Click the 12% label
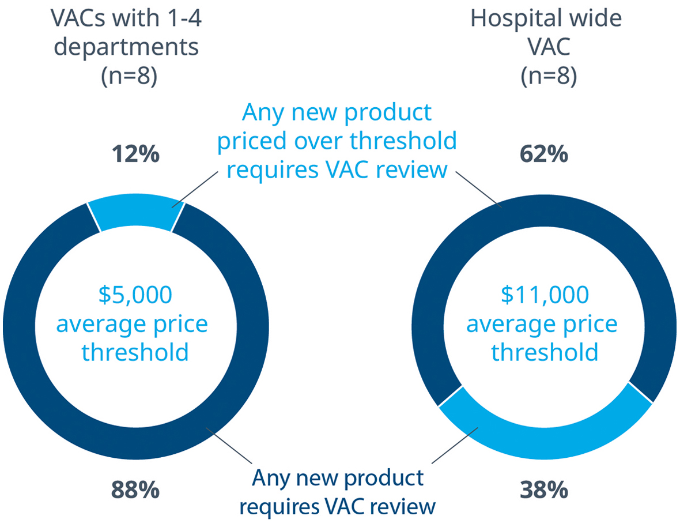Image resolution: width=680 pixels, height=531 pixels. pyautogui.click(x=136, y=154)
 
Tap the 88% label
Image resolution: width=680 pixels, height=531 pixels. pyautogui.click(x=136, y=490)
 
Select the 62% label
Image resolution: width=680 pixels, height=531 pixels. pyautogui.click(x=544, y=154)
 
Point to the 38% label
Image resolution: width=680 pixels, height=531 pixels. pyautogui.click(x=544, y=490)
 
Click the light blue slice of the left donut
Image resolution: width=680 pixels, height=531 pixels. pyautogui.click(x=136, y=212)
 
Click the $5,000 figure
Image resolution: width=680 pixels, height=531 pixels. pyautogui.click(x=135, y=295)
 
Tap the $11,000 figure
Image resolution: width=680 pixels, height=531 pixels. pyautogui.click(x=545, y=295)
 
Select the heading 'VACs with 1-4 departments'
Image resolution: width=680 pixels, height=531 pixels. pyautogui.click(x=126, y=32)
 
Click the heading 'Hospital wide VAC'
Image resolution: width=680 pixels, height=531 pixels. pyautogui.click(x=546, y=32)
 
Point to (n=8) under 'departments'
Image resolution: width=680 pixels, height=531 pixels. pyautogui.click(x=129, y=76)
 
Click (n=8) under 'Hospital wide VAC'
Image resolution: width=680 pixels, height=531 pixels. pyautogui.click(x=549, y=76)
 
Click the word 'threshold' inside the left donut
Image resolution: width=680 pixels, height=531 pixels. pyautogui.click(x=135, y=352)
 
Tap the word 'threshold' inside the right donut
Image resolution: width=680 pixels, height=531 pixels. pyautogui.click(x=545, y=352)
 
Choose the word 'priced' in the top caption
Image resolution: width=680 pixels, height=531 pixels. pyautogui.click(x=252, y=141)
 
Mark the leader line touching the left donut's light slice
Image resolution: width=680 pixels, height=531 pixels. pyautogui.click(x=195, y=189)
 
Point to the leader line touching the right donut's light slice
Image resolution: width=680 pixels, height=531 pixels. pyautogui.click(x=455, y=445)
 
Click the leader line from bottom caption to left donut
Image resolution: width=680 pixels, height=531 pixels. pyautogui.click(x=229, y=445)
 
